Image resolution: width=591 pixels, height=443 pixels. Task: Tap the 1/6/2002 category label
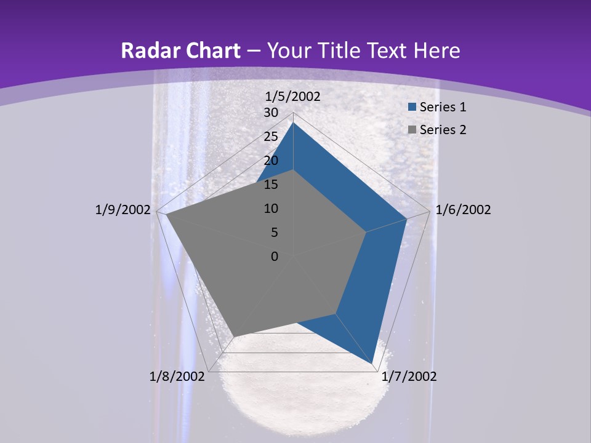click(463, 210)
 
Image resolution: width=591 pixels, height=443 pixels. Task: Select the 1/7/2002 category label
click(409, 377)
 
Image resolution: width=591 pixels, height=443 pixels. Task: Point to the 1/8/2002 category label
click(177, 377)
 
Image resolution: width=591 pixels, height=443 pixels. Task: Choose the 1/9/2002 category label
click(123, 210)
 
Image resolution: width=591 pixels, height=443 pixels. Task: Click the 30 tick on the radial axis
click(271, 113)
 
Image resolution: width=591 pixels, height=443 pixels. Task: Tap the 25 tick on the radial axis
click(271, 137)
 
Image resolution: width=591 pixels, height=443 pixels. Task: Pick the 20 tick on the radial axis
click(271, 161)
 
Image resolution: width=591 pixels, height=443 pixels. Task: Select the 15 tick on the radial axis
click(271, 185)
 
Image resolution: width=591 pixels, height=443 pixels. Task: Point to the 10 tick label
click(271, 209)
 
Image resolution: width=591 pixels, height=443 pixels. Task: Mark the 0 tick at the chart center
click(275, 257)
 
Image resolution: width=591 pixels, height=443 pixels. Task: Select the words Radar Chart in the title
click(180, 50)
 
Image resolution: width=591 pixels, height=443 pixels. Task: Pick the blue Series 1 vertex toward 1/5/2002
click(294, 122)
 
